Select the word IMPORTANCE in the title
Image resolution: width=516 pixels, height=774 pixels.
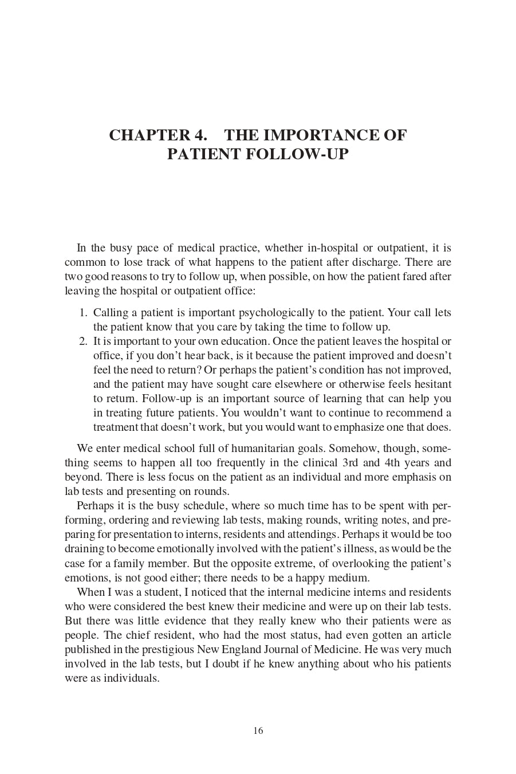point(320,136)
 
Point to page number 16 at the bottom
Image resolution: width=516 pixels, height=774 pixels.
point(258,730)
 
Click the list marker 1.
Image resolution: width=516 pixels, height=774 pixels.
point(83,313)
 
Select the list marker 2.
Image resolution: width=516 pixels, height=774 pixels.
point(83,341)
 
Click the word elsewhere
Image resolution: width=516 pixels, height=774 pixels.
point(305,384)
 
